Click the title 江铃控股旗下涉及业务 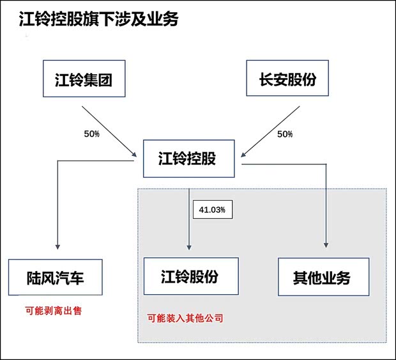click(98, 19)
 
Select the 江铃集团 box click(84, 79)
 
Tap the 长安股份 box click(287, 79)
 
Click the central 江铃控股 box click(187, 157)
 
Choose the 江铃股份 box click(190, 276)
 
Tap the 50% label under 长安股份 click(284, 134)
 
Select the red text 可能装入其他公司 click(185, 317)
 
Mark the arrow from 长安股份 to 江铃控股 click(270, 131)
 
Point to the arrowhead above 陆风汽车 click(57, 246)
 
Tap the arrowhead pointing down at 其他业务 click(327, 246)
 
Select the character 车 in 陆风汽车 click(91, 278)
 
